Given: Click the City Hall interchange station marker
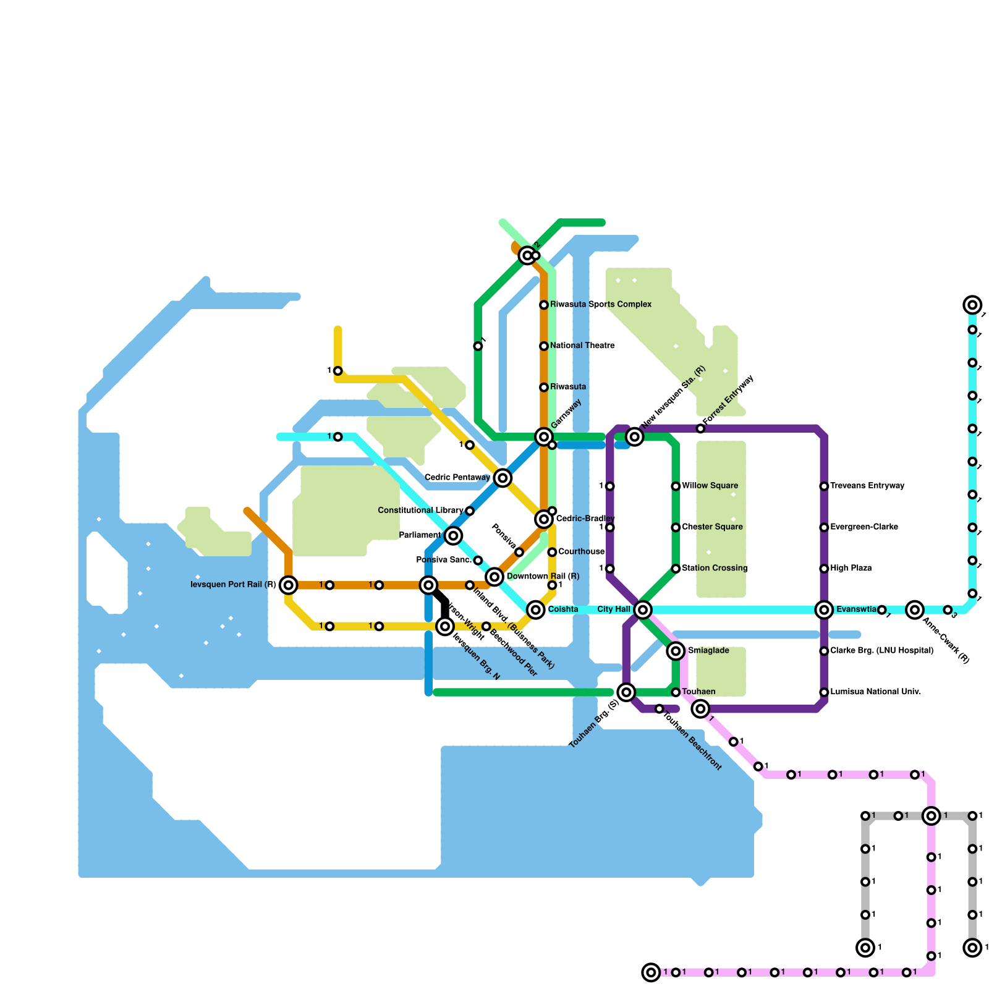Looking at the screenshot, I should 643,610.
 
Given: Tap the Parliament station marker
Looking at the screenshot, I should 453,535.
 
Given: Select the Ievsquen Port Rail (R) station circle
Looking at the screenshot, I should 289,585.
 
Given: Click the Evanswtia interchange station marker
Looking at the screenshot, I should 824,610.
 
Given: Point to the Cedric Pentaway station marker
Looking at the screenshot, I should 503,478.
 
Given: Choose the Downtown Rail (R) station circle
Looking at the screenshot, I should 494,577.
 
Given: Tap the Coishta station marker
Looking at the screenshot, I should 536,610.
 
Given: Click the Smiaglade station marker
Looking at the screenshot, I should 676,651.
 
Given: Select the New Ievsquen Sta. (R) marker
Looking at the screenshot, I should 635,437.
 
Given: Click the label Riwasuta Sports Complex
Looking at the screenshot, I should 601,305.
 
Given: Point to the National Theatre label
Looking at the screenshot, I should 582,346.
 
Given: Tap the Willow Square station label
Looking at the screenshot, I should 710,486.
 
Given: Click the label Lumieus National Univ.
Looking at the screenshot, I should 875,692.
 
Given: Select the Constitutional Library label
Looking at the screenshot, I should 420,511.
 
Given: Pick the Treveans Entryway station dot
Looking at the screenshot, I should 824,486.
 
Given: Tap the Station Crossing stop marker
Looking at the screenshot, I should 676,569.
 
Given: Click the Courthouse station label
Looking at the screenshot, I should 581,552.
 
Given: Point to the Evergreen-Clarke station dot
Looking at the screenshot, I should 824,527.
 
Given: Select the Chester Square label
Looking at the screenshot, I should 712,527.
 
